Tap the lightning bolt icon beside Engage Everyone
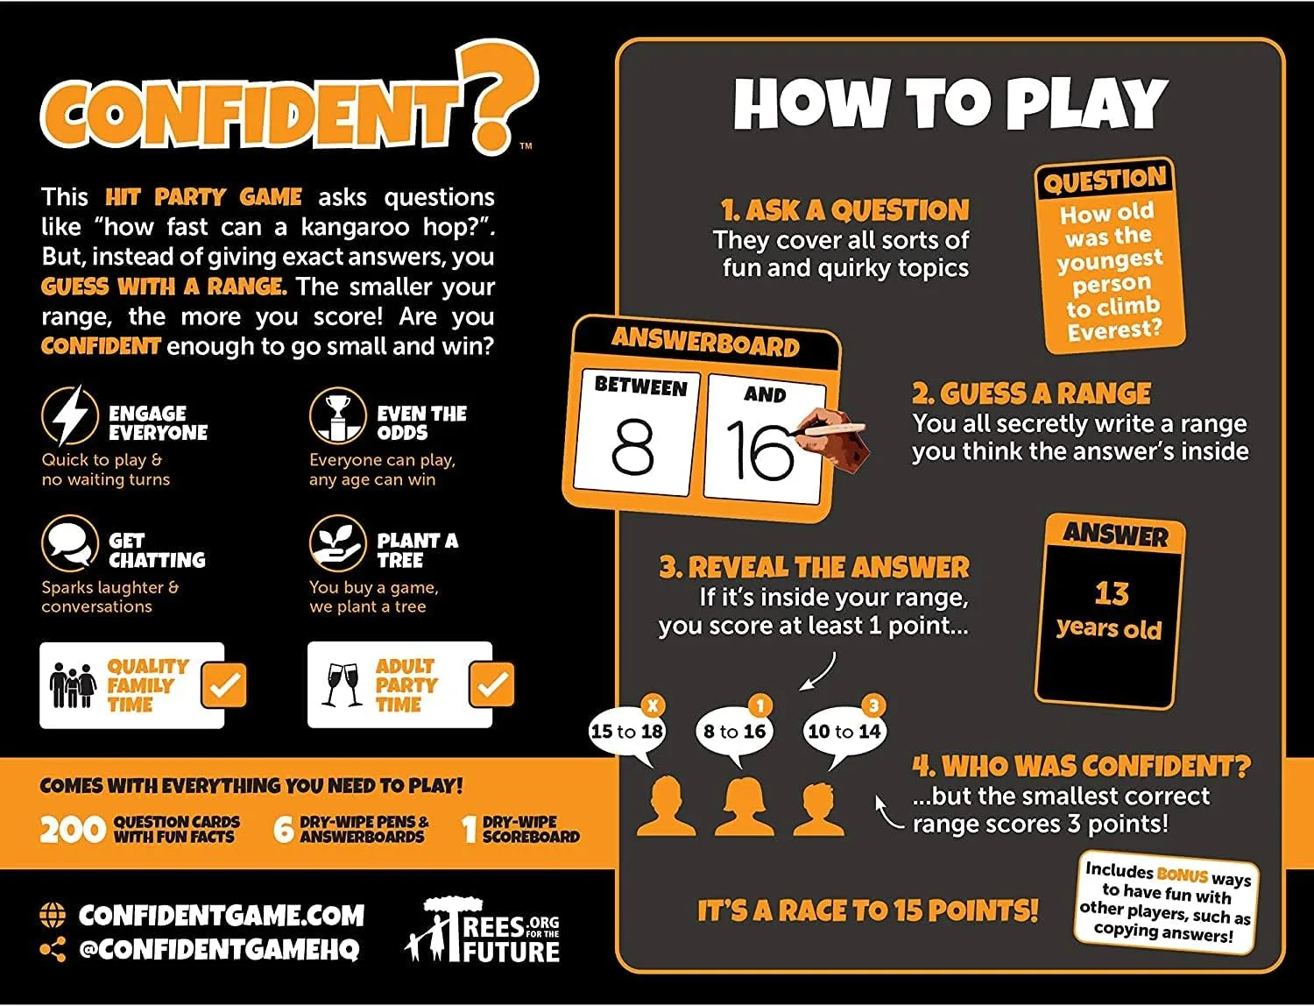[x=70, y=415]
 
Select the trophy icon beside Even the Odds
[x=337, y=415]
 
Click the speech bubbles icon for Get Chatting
[x=70, y=543]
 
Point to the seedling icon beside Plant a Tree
[x=337, y=543]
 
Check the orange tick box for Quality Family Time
[x=224, y=684]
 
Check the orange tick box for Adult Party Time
[x=491, y=684]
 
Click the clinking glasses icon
[x=342, y=684]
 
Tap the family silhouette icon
[x=73, y=685]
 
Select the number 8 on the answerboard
[x=632, y=446]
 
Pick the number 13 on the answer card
[x=1112, y=593]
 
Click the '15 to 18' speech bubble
[x=626, y=731]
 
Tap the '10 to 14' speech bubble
[x=844, y=732]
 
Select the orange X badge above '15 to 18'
[x=653, y=705]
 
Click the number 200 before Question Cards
[x=73, y=830]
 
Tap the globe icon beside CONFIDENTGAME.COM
[x=53, y=915]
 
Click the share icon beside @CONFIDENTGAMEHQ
[x=53, y=949]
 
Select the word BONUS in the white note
[x=1183, y=875]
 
